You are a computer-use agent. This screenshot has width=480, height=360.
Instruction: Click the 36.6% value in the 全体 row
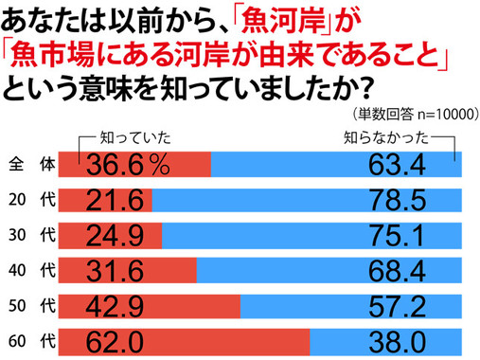pos(128,165)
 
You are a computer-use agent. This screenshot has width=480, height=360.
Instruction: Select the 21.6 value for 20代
pos(115,200)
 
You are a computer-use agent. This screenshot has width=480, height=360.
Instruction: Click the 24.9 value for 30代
pos(115,235)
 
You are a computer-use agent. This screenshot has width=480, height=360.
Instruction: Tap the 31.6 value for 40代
pos(115,270)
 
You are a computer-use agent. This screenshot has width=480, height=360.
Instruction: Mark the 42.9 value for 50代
pos(115,305)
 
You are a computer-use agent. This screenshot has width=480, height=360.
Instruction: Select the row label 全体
pos(31,165)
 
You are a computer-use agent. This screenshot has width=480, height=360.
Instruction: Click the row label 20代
pos(31,200)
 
